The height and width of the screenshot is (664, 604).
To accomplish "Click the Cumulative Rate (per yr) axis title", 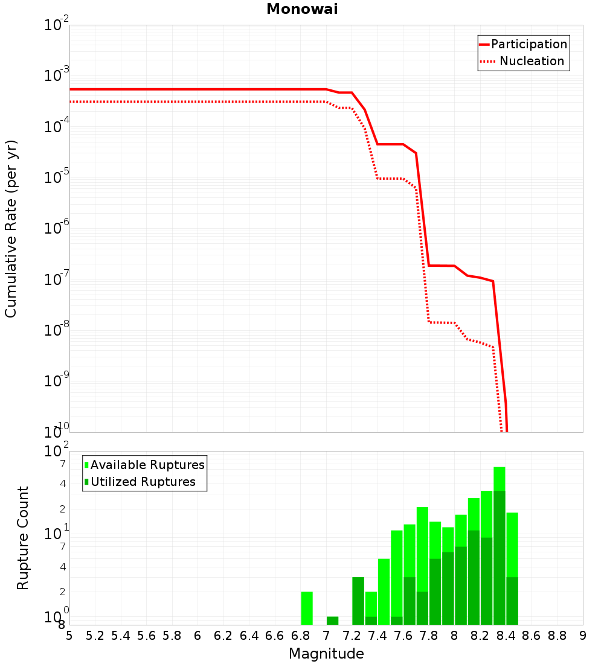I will tap(11, 228).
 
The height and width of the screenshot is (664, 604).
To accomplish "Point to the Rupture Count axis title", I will tap(23, 538).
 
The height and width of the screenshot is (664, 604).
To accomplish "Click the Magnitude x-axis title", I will tap(326, 654).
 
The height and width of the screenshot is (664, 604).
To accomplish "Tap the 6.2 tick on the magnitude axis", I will tap(223, 636).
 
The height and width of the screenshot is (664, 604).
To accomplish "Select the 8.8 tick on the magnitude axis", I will tap(557, 636).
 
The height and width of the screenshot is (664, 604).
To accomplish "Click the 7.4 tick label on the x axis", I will tap(377, 636).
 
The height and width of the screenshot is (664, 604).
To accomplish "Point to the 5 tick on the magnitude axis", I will tap(69, 636).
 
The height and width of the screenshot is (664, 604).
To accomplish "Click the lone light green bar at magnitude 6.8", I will tap(307, 608).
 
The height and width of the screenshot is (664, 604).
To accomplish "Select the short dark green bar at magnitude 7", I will tap(332, 621).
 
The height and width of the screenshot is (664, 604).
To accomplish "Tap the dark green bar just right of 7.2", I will tap(358, 601).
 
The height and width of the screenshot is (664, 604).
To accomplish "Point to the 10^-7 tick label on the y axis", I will tap(57, 280).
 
